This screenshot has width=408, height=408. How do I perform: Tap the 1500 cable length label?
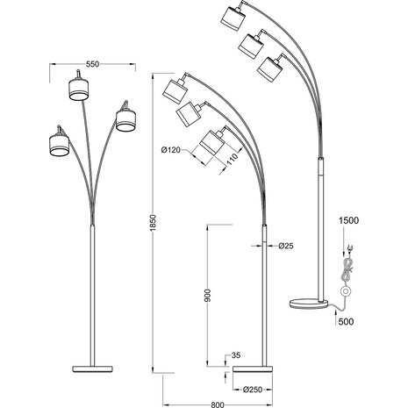348,223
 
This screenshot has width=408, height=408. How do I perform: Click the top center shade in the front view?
78,89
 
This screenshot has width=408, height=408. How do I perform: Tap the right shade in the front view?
125,118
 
